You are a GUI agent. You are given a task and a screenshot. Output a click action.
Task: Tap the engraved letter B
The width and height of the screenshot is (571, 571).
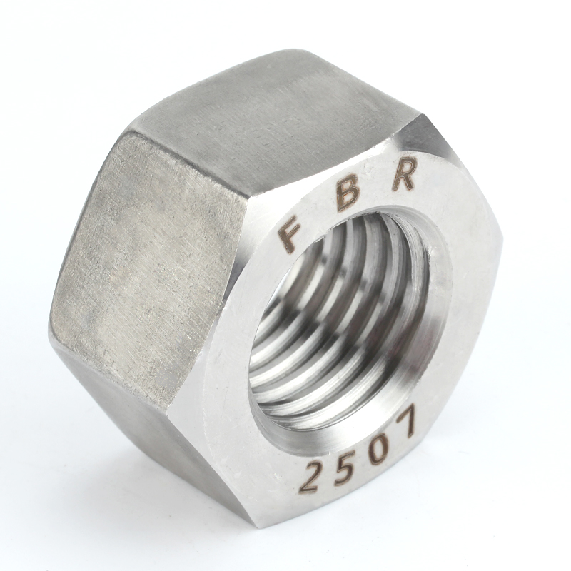click(348, 196)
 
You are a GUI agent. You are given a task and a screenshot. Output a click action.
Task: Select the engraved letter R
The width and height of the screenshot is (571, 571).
click(404, 174)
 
